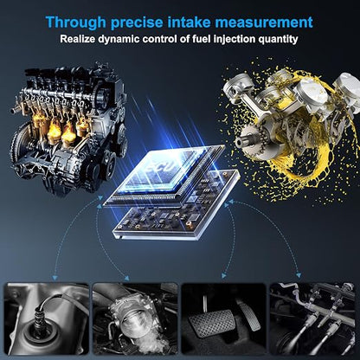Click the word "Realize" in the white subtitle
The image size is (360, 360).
pos(77,39)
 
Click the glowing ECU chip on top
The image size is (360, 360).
pos(163,175)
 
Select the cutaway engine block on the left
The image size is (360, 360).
pos(68,130)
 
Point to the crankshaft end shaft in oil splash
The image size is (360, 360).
pos(242,141)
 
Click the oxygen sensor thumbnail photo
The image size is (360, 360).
pos(47,318)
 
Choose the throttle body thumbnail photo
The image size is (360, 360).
pos(135,318)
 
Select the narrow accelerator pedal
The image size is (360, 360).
pos(248,314)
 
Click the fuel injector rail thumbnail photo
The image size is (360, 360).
pos(312,318)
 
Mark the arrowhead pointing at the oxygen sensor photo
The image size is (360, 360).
pos(55,278)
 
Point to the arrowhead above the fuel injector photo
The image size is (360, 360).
pos(299,275)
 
